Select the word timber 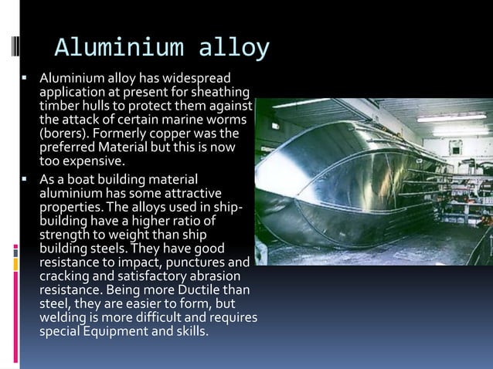pyautogui.click(x=59, y=106)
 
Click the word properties pyautogui.click(x=68, y=205)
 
